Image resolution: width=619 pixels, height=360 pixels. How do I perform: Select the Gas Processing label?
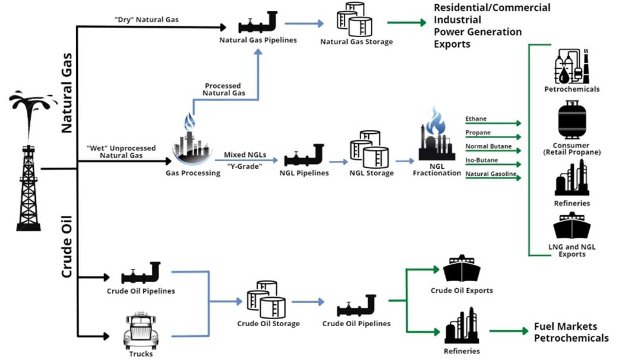tap(193, 173)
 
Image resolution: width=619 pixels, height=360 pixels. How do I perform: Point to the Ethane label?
tap(476, 119)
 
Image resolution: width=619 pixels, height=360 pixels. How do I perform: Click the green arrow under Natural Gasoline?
tap(493, 178)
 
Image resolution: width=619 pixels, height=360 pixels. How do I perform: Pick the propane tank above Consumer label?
tap(572, 120)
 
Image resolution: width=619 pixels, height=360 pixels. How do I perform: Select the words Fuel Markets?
tap(565, 326)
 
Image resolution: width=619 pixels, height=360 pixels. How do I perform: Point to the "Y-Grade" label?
tap(244, 166)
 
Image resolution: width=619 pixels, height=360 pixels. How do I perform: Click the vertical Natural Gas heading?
tap(67, 93)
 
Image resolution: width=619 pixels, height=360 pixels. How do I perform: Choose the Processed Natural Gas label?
tap(223, 89)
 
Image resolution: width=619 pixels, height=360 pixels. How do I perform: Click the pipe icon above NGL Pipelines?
tap(304, 156)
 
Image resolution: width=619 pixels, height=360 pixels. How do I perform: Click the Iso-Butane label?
tap(481, 160)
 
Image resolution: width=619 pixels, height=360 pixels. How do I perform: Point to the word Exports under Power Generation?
tap(452, 44)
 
